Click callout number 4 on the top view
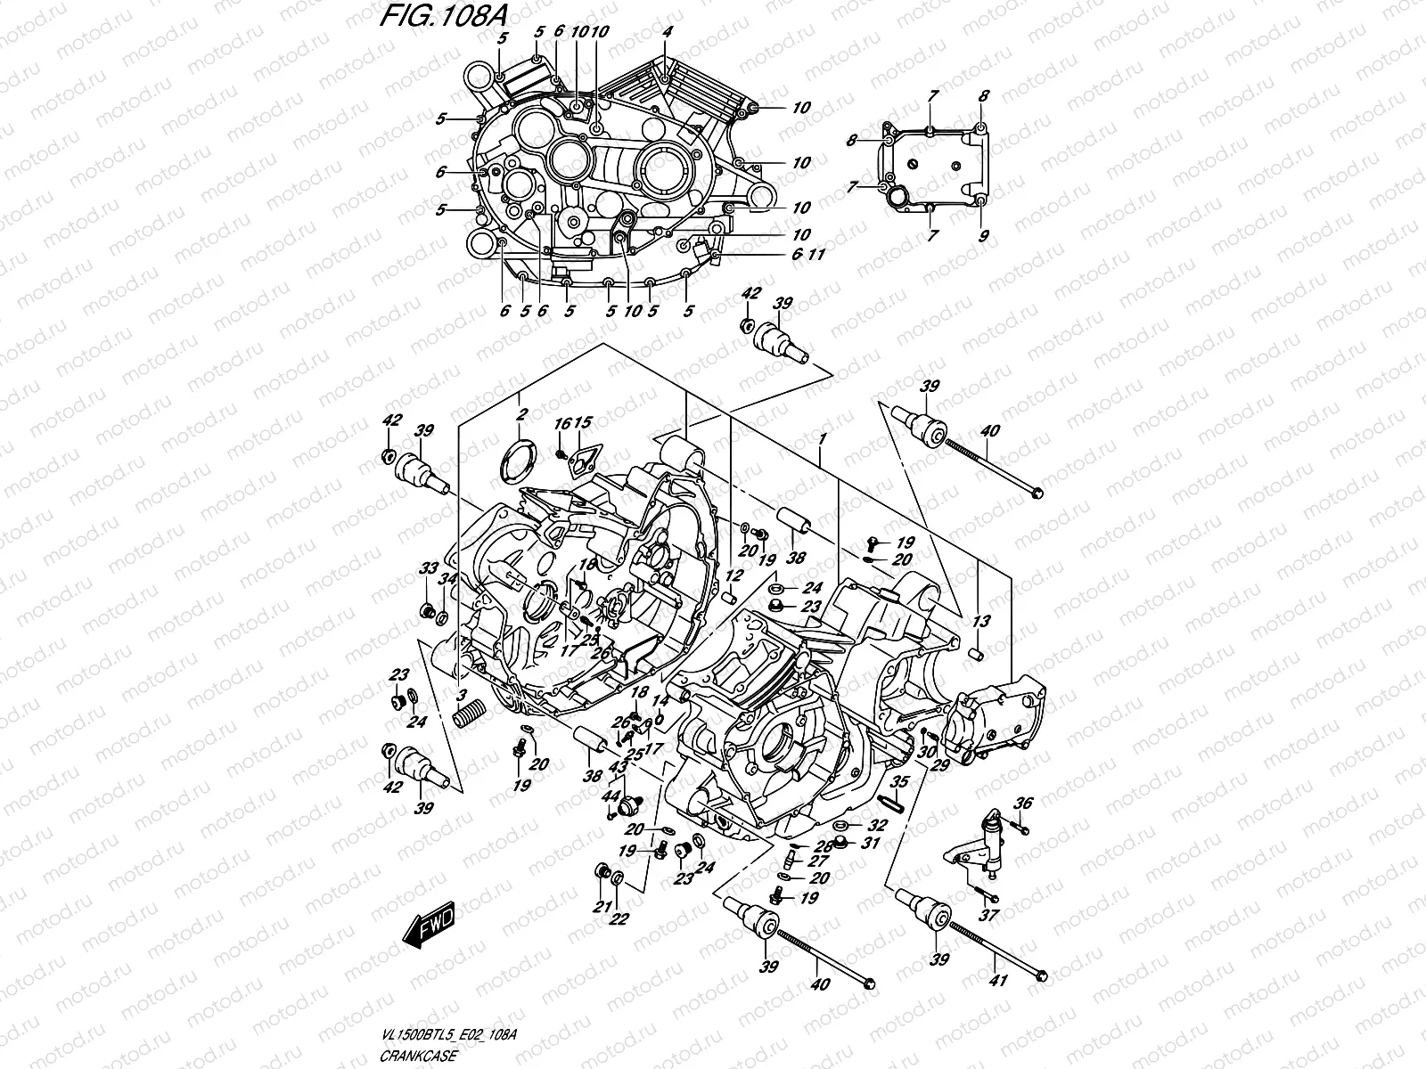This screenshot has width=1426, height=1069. pyautogui.click(x=666, y=32)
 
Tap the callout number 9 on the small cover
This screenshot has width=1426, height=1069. pyautogui.click(x=983, y=236)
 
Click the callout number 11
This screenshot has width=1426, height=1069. pyautogui.click(x=816, y=255)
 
